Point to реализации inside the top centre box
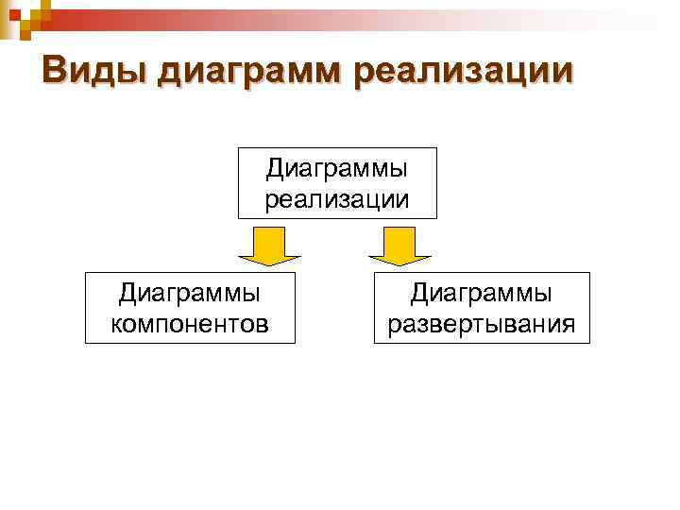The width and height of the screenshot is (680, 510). (337, 198)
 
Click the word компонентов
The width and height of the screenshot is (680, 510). (190, 324)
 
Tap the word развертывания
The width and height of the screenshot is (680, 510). (482, 324)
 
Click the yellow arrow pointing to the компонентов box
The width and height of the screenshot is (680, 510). (269, 246)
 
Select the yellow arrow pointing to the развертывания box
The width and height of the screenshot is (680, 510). (399, 246)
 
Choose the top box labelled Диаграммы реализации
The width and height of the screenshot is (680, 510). (337, 183)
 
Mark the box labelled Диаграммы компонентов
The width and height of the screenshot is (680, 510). (190, 308)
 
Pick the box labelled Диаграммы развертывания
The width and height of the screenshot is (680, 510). (482, 308)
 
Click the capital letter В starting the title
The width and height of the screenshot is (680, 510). (54, 70)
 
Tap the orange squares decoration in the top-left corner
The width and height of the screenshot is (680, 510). (19, 14)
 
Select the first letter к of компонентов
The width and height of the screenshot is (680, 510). (116, 325)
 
